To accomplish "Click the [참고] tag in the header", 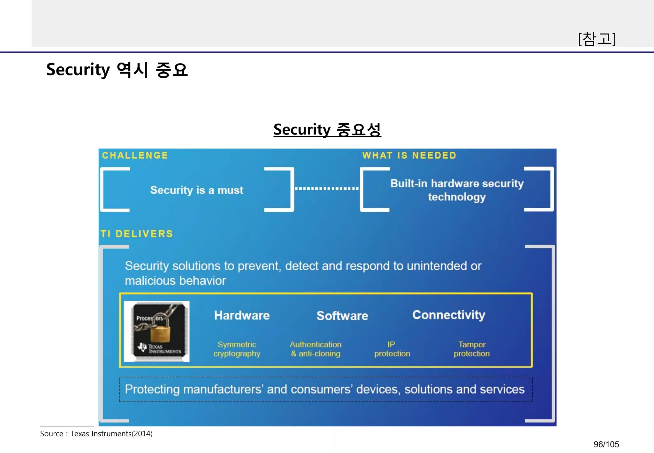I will click(x=597, y=39).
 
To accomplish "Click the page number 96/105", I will click(x=606, y=444).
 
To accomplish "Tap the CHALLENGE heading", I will click(x=135, y=156).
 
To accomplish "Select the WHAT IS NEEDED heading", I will click(x=409, y=156).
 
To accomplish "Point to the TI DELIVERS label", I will click(x=137, y=234).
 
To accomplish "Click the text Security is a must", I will click(x=197, y=190).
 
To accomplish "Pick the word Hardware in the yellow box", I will click(x=242, y=315).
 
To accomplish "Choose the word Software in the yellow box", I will click(x=342, y=316).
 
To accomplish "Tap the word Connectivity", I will click(x=449, y=315).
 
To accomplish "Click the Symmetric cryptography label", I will click(x=237, y=349).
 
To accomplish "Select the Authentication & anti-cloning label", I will click(x=316, y=349).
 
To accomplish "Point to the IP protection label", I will click(x=392, y=349).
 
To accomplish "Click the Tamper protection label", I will click(x=472, y=349).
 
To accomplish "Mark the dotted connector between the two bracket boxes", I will click(x=327, y=188).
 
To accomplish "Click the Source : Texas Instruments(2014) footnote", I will click(x=96, y=434).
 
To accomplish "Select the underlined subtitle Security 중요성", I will click(x=327, y=130).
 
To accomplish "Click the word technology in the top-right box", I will click(x=457, y=197).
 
